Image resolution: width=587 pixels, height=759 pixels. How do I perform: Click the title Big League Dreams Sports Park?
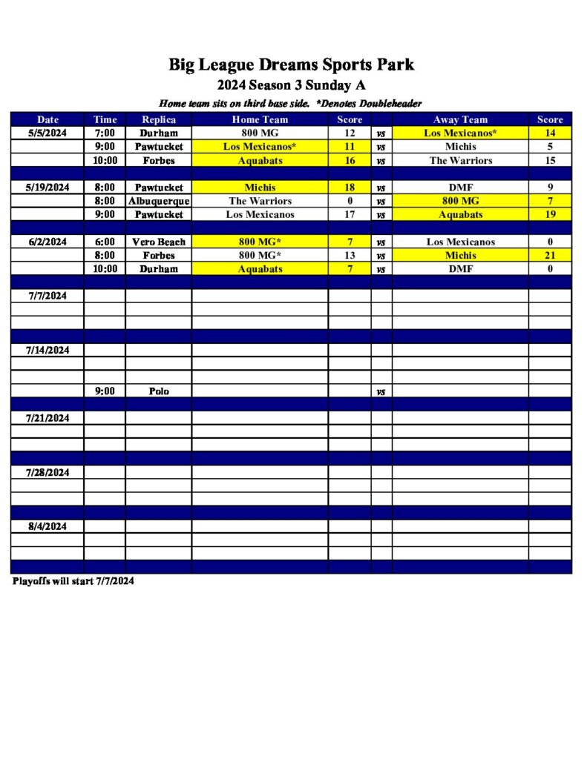coord(291,64)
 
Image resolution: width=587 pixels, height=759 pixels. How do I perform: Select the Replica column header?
coord(159,119)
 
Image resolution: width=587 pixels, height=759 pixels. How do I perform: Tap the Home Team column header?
coord(260,119)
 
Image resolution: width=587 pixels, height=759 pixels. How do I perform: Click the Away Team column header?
coord(460,119)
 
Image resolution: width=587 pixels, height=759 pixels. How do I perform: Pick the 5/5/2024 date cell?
coord(47,133)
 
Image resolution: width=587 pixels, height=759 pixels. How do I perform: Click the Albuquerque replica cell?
coord(159,201)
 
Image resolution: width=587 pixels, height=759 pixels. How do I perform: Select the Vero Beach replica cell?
coord(159,242)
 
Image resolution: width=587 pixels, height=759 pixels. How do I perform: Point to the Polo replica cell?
coord(159,391)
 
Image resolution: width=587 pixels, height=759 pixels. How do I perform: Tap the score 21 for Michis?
coord(550,255)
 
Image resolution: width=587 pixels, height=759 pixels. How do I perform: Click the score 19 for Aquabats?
coord(550,214)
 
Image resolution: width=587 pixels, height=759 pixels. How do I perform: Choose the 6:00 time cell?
coord(105,242)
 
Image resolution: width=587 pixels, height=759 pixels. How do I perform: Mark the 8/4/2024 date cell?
coord(47,526)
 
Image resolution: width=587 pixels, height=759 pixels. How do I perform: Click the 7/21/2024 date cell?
coord(47,418)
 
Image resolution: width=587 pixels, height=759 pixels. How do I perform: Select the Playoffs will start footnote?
coord(73,581)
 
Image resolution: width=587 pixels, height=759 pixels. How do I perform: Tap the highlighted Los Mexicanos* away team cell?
coord(460,133)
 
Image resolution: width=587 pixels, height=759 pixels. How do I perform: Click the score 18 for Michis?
coord(350,188)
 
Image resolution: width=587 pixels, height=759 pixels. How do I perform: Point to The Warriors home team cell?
coord(260,201)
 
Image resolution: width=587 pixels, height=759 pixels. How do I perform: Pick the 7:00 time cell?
coord(105,133)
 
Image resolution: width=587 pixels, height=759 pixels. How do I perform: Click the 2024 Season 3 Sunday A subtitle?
coord(291,85)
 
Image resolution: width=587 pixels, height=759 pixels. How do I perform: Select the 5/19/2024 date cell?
coord(47,188)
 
